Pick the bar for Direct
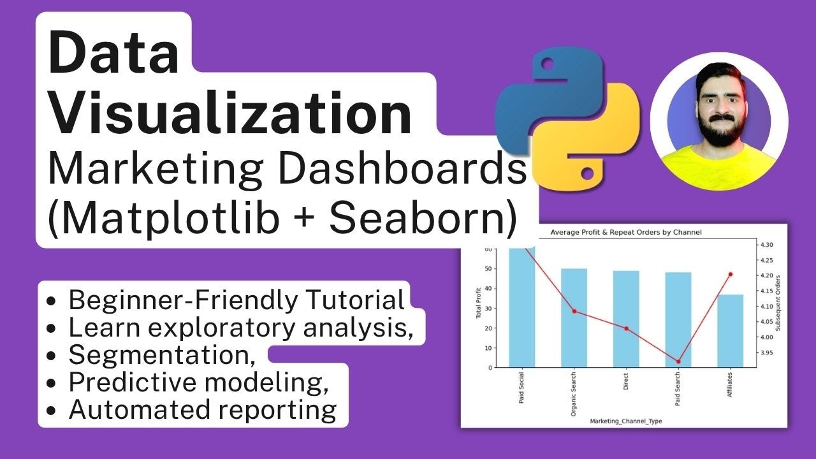626,319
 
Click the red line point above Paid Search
678,361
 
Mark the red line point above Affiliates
731,274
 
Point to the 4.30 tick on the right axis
766,245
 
